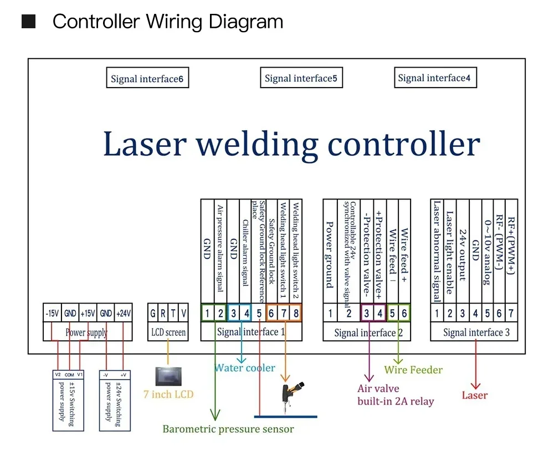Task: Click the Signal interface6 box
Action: point(147,79)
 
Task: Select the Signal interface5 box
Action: point(301,78)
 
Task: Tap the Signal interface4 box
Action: point(434,78)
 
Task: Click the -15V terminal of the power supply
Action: point(52,314)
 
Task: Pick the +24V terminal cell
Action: point(124,314)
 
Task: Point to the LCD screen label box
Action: point(168,332)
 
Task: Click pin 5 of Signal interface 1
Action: point(259,314)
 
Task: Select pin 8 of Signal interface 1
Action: point(296,314)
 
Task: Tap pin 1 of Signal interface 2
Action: point(331,314)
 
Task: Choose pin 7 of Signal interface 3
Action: point(511,314)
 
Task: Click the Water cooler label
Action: point(244,368)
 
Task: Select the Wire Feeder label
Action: point(413,370)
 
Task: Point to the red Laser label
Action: point(474,395)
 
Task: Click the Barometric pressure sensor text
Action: point(228,429)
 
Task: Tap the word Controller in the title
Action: point(96,22)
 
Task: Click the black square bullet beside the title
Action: point(28,22)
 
